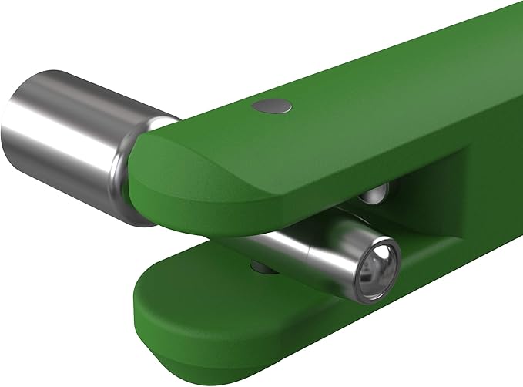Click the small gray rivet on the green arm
tap(270, 106)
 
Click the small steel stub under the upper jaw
tap(375, 194)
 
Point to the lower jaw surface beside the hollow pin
tap(431, 278)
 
